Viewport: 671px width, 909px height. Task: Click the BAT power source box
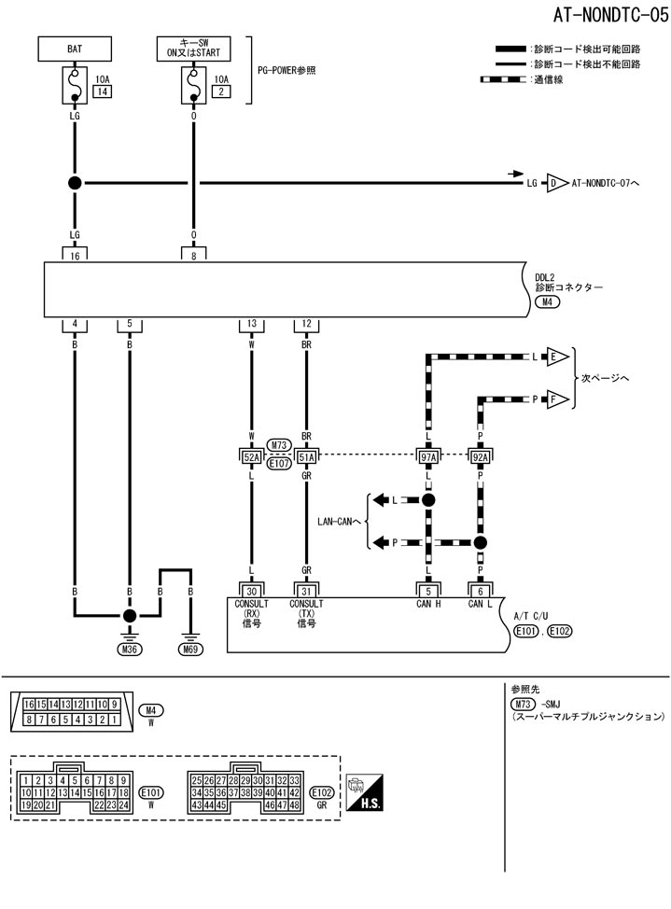pyautogui.click(x=75, y=49)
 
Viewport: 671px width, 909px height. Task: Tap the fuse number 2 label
pyautogui.click(x=221, y=92)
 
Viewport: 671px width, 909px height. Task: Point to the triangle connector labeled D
pyautogui.click(x=557, y=184)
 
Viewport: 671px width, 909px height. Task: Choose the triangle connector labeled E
pyautogui.click(x=557, y=357)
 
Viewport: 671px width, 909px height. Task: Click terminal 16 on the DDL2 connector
pyautogui.click(x=75, y=253)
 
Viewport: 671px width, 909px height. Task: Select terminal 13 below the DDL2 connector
pyautogui.click(x=251, y=324)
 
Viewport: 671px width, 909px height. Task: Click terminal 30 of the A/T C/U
pyautogui.click(x=251, y=590)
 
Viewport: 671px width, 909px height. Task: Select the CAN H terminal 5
pyautogui.click(x=428, y=590)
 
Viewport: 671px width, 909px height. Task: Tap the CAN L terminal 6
pyautogui.click(x=481, y=590)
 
